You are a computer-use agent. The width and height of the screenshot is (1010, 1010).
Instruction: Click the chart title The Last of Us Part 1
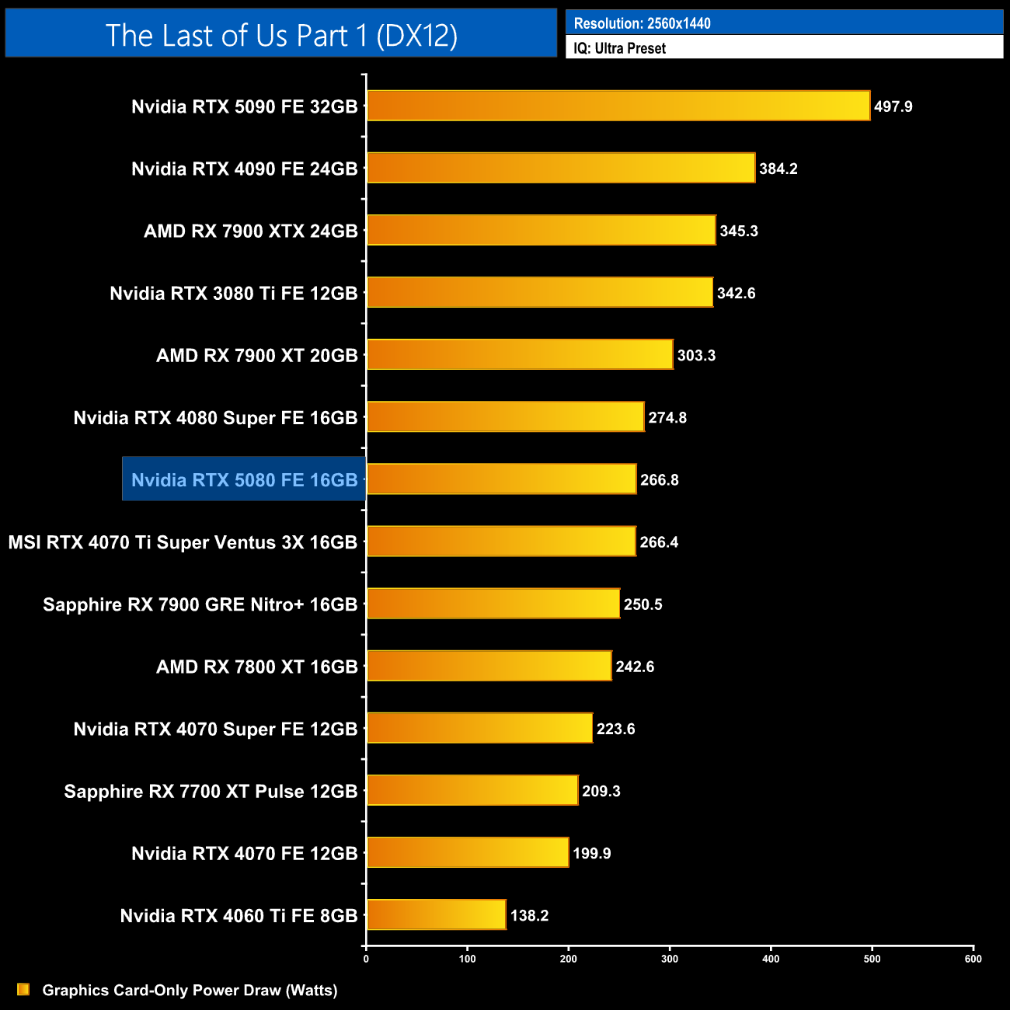[x=281, y=35]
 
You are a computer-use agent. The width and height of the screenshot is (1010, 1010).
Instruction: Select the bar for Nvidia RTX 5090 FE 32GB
[x=618, y=106]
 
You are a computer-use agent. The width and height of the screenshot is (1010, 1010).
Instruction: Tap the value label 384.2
[x=778, y=169]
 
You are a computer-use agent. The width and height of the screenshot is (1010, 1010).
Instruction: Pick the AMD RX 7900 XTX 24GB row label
[x=250, y=231]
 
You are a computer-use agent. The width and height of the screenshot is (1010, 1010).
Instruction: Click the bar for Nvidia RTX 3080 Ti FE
[x=539, y=292]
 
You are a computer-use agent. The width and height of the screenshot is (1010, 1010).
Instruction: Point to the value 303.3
[x=696, y=355]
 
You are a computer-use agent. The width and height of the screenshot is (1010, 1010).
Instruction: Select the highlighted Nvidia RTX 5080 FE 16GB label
[x=244, y=479]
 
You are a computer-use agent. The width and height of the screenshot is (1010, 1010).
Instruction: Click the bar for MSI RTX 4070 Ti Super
[x=501, y=542]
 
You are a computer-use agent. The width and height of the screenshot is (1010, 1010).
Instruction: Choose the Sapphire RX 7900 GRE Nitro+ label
[x=200, y=604]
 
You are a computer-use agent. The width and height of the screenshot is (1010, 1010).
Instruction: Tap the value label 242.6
[x=635, y=667]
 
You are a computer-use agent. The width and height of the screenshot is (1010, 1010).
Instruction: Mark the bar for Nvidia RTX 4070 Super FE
[x=479, y=728]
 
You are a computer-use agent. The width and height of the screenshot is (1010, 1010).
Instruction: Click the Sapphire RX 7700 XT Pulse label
[x=211, y=791]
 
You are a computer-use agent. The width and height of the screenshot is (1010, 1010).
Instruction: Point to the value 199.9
[x=591, y=853]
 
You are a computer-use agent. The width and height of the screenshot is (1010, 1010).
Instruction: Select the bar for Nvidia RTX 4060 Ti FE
[x=436, y=914]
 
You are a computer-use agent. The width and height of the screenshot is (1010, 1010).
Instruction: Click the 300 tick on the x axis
[x=670, y=959]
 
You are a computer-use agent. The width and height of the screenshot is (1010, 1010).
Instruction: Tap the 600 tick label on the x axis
[x=973, y=959]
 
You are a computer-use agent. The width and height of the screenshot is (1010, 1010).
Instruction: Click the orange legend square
[x=23, y=989]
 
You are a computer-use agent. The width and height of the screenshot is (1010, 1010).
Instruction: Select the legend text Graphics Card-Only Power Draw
[x=190, y=990]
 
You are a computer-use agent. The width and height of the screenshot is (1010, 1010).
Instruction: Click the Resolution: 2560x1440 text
[x=642, y=23]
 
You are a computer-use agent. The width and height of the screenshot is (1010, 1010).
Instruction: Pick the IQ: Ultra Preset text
[x=619, y=48]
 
